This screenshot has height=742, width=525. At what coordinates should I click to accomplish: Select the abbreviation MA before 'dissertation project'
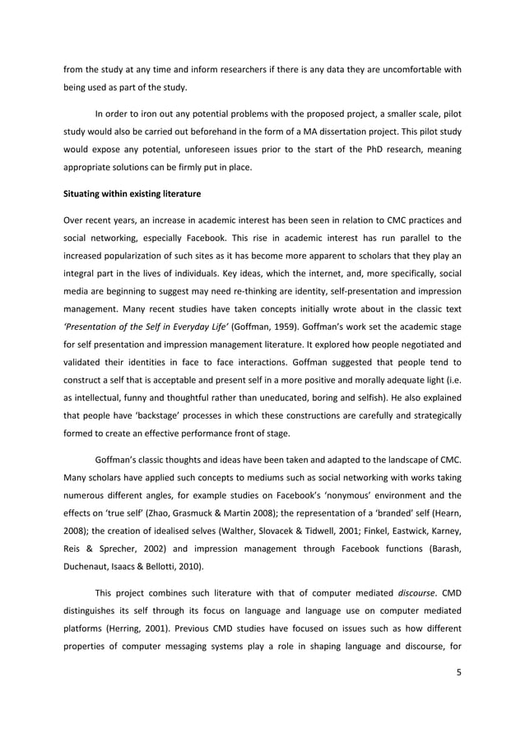278,131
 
